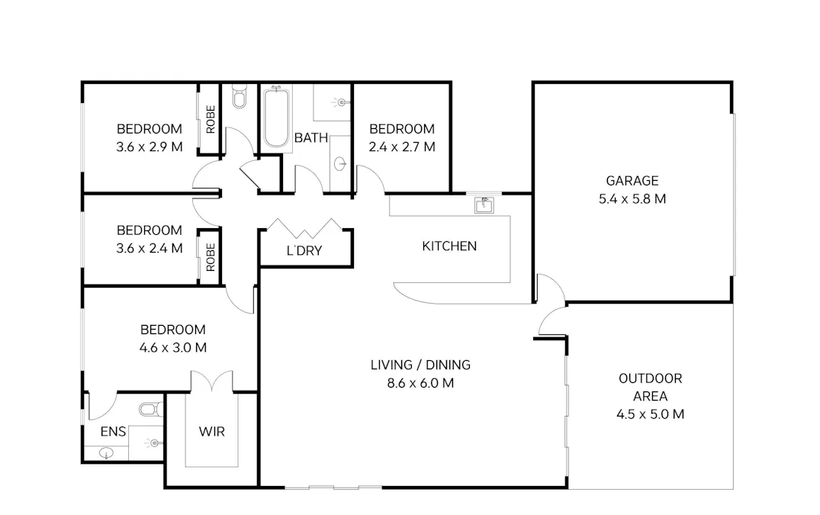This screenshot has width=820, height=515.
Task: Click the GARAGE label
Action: [632, 181]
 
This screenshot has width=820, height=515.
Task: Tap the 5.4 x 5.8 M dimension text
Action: [632, 199]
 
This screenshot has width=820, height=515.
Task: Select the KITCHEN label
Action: [449, 246]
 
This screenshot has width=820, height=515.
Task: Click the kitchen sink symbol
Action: [484, 204]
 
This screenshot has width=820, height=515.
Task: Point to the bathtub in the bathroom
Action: [275, 120]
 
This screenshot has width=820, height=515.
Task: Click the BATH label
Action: [311, 138]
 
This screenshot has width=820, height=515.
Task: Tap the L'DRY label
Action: [304, 250]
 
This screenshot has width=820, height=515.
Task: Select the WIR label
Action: [211, 432]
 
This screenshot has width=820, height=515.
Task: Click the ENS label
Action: [113, 432]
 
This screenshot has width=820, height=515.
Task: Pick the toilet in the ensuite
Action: [151, 410]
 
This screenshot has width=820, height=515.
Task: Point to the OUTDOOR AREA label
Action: [650, 387]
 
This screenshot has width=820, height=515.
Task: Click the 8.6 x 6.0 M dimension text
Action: [420, 383]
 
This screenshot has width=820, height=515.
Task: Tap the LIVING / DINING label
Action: [420, 365]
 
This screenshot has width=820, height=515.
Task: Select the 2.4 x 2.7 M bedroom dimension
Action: [401, 146]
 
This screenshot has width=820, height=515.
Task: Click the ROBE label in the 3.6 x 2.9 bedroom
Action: [211, 119]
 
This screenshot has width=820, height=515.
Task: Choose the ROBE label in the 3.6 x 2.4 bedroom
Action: [211, 257]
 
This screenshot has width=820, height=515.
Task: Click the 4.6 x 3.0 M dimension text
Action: [172, 348]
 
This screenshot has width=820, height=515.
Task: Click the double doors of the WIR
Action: [211, 381]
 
